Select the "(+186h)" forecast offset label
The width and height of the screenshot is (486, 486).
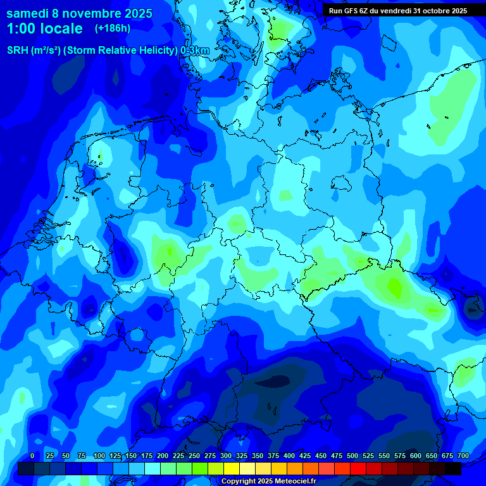click(x=113, y=28)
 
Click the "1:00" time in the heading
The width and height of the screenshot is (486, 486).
click(x=23, y=28)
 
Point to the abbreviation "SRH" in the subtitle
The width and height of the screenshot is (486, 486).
click(x=17, y=51)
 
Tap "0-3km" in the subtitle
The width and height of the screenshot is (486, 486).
click(x=195, y=51)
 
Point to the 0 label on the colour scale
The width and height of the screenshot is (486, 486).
click(x=32, y=456)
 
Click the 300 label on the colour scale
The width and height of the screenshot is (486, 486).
click(x=226, y=456)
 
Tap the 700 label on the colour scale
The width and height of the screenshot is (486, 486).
click(x=463, y=456)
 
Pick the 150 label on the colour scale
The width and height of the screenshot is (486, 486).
click(x=131, y=456)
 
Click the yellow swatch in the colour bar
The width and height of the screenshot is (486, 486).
click(x=232, y=468)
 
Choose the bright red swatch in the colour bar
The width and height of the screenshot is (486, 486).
click(x=358, y=468)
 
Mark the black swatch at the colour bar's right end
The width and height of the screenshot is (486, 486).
click(x=453, y=468)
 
